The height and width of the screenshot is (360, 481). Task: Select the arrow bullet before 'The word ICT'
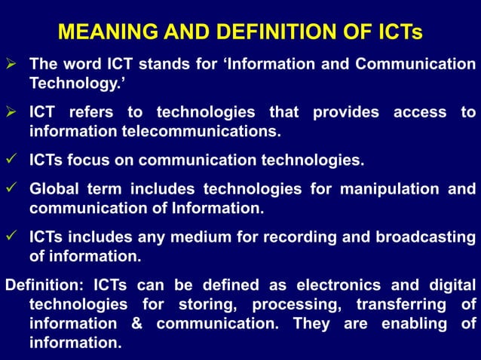point(11,64)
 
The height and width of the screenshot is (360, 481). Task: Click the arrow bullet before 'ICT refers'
point(11,112)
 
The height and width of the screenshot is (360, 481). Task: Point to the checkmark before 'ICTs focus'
point(11,160)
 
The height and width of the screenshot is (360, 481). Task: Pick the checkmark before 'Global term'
point(11,188)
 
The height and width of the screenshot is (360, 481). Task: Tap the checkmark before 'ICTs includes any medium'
point(11,236)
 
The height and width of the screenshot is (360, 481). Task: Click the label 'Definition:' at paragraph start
point(44,285)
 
